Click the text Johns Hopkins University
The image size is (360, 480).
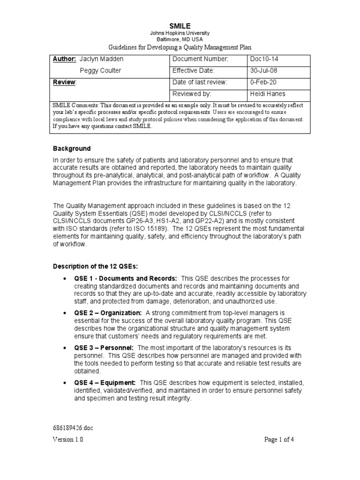180,33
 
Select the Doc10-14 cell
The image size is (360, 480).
265,59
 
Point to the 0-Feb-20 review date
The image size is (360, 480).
263,82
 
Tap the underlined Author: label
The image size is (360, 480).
64,59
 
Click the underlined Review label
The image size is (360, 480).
64,82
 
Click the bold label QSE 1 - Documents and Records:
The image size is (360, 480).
126,278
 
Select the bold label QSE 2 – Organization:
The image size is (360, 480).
108,313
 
